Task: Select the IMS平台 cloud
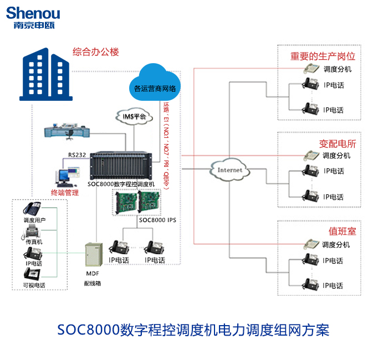pos(131,116)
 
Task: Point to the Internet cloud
pos(229,169)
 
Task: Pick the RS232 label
pos(76,156)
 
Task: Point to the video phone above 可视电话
pos(33,274)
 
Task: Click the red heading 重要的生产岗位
pos(323,56)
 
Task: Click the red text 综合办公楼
pos(96,52)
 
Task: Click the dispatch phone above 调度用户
pos(33,209)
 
